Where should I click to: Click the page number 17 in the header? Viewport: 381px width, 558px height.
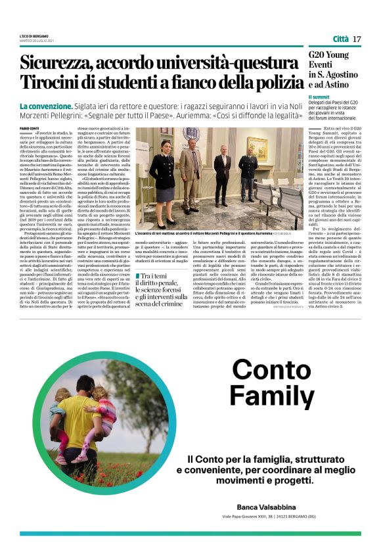[357, 39]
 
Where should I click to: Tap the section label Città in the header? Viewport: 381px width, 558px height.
[340, 39]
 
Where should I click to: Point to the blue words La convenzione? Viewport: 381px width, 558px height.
[45, 106]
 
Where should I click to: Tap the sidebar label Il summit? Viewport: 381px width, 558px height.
[319, 97]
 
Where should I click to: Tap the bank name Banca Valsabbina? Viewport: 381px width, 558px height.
[269, 507]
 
